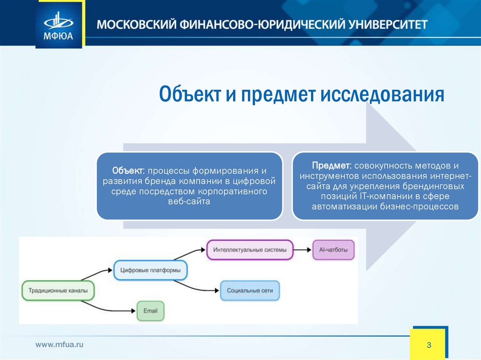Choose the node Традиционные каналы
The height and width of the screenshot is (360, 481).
pos(58,291)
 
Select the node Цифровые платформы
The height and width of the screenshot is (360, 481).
pos(150,270)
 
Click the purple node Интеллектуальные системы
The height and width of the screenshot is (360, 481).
pos(249,250)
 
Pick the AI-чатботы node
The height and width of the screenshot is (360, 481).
pos(334,250)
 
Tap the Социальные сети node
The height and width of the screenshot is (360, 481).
pos(249,291)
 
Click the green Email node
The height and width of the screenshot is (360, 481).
pos(150,311)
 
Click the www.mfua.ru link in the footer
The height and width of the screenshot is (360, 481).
pos(60,345)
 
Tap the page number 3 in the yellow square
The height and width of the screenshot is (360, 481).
pos(428,345)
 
